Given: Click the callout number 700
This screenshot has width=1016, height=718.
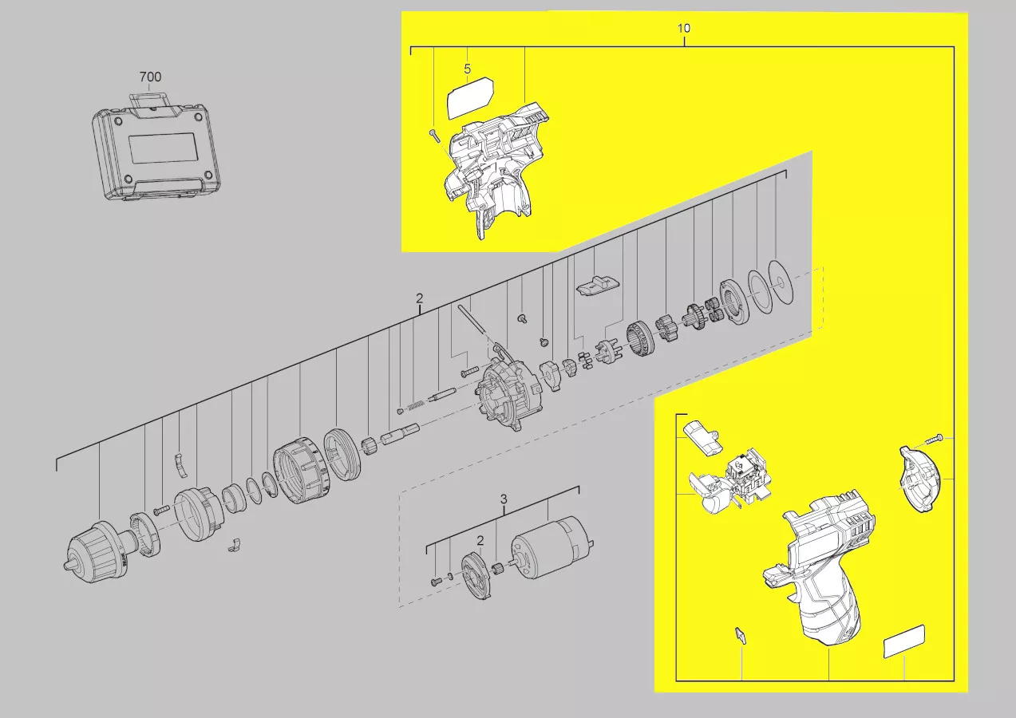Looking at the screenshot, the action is coord(150,77).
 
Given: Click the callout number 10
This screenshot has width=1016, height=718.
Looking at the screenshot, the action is coord(683,29).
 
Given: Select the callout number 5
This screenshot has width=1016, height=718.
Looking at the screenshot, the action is coord(467,69).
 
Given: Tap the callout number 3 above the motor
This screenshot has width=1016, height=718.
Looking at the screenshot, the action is coord(504,499).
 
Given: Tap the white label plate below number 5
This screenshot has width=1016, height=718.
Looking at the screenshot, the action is coord(470,98).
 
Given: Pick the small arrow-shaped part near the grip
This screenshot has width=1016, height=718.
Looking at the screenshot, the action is coord(740,636).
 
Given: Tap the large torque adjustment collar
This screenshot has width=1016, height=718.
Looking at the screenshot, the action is coord(302,471).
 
